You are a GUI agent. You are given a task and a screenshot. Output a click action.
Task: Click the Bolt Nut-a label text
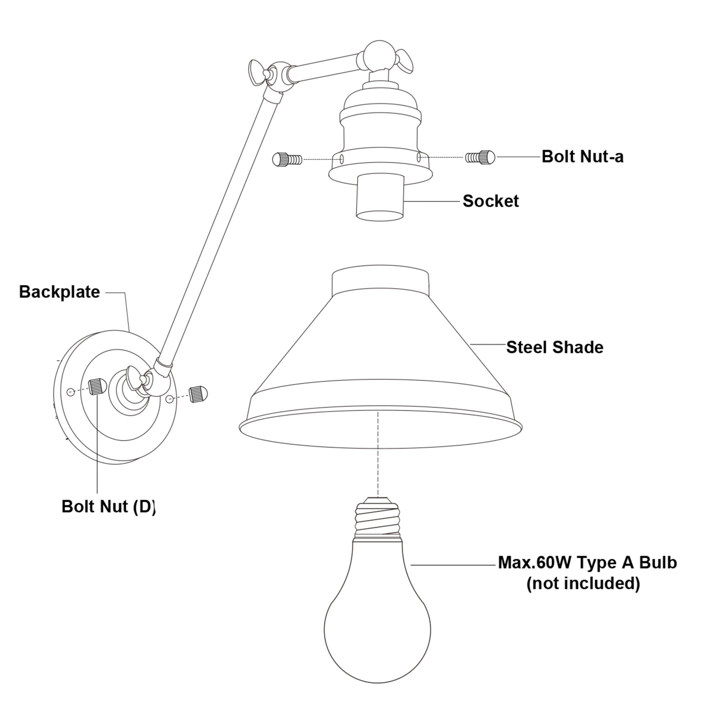pos(582,157)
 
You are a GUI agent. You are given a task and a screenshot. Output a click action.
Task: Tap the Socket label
pos(491,201)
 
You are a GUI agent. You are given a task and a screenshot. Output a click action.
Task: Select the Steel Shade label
pos(555,347)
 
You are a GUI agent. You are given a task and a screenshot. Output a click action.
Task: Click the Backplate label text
pos(59,292)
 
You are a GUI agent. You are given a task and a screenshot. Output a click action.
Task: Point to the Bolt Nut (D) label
pos(108,506)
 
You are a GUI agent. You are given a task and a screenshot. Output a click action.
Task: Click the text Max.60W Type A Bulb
pos(587,563)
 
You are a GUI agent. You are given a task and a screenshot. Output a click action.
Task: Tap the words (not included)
pos(583,583)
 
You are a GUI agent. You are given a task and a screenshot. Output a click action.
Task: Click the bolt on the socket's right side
pos(480,157)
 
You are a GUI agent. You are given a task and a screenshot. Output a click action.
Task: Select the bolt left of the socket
pos(287,159)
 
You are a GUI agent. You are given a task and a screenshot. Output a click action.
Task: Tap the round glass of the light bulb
pos(377,620)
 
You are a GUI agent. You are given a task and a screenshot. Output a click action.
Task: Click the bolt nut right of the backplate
pos(198,393)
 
